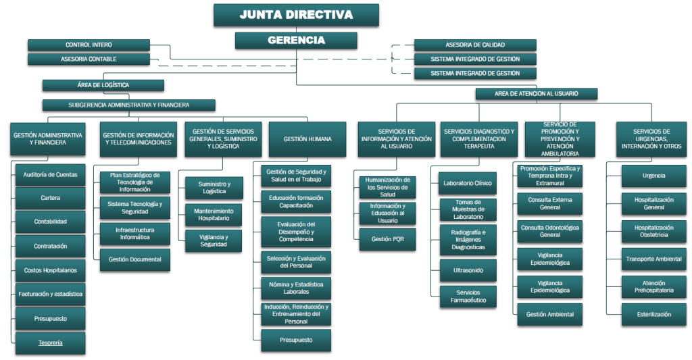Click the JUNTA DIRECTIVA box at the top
tap(297, 15)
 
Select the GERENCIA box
tap(296, 41)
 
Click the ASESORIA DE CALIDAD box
tap(475, 45)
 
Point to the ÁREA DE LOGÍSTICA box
tap(103, 86)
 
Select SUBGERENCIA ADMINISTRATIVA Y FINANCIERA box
tap(128, 105)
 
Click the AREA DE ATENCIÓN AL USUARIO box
tap(536, 95)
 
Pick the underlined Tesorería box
tap(50, 343)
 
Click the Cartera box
tap(50, 199)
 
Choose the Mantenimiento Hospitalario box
tap(214, 215)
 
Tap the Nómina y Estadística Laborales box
tap(295, 288)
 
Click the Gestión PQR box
tap(387, 239)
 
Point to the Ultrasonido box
tap(468, 271)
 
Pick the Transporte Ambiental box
tap(653, 259)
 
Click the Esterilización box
tap(653, 315)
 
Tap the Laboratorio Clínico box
tap(468, 183)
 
